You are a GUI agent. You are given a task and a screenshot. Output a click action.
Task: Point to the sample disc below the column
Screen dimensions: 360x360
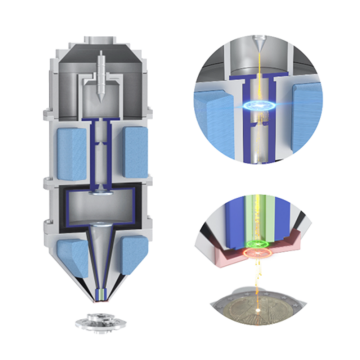tap(101, 324)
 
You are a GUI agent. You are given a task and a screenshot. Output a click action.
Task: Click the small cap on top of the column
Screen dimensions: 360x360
tap(102, 40)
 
